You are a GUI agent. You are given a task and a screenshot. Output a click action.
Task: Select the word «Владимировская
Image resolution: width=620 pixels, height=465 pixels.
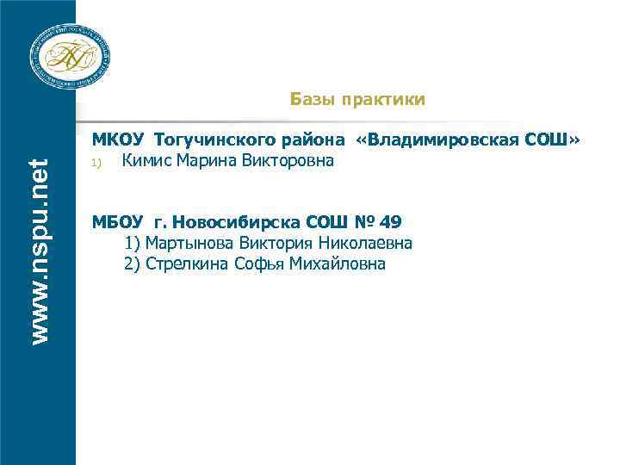click(x=447, y=139)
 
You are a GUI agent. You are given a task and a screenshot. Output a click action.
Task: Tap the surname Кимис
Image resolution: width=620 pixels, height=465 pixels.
click(x=145, y=160)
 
